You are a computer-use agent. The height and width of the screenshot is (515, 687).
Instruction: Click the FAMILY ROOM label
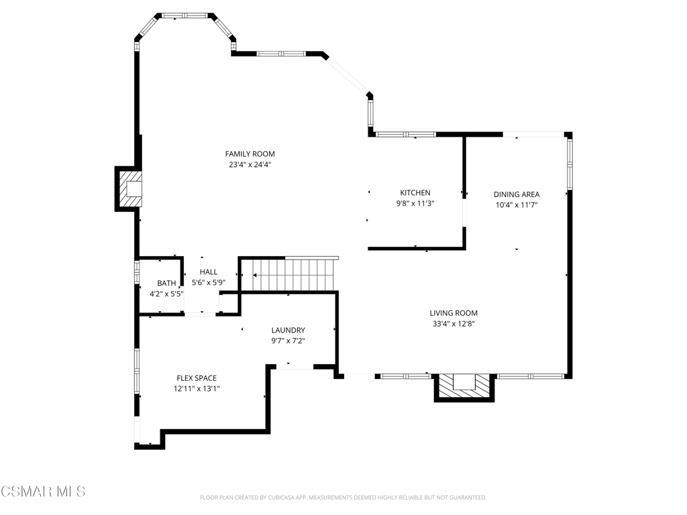click(250, 154)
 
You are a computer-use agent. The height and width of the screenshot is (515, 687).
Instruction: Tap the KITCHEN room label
click(415, 192)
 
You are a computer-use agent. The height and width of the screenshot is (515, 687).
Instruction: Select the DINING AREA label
click(517, 194)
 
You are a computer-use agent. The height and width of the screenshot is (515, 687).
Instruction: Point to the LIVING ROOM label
click(454, 313)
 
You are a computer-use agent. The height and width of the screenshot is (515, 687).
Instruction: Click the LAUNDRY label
click(288, 330)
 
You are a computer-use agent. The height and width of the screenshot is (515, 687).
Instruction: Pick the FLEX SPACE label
click(197, 378)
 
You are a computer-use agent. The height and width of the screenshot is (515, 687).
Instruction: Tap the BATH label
click(166, 284)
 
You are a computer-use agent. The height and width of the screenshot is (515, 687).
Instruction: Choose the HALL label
click(209, 272)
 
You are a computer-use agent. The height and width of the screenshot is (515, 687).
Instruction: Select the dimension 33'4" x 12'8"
click(454, 324)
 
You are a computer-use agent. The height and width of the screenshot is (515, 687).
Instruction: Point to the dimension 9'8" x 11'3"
click(415, 203)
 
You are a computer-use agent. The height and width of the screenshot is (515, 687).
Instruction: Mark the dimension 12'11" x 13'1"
click(197, 388)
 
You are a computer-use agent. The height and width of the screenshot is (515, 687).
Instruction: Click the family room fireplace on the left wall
click(128, 188)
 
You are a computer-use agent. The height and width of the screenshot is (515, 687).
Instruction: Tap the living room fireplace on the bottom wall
click(464, 387)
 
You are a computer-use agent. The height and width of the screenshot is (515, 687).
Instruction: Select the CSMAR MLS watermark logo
click(43, 492)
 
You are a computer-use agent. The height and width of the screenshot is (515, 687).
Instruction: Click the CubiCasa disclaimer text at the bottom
click(343, 498)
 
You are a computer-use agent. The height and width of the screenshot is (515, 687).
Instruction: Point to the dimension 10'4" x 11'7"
click(517, 205)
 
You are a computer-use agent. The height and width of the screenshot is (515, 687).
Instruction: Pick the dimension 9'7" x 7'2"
click(288, 341)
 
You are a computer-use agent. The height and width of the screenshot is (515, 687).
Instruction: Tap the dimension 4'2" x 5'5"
click(166, 294)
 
